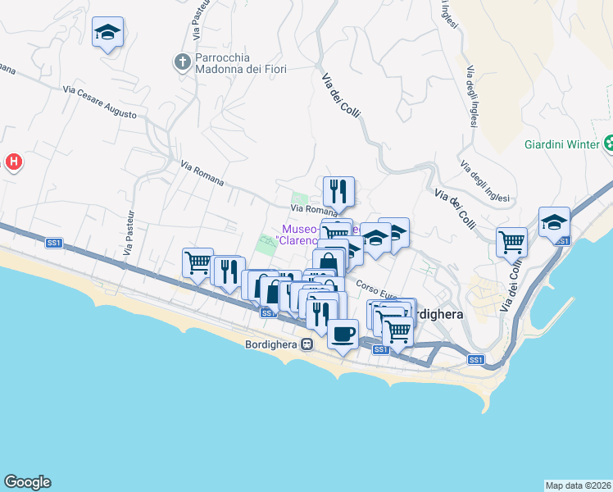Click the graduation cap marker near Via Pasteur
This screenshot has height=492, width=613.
[107, 33]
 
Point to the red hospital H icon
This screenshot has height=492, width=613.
[13, 162]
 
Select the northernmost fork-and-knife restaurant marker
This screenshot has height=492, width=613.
[338, 192]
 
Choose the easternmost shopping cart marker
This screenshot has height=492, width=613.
[512, 242]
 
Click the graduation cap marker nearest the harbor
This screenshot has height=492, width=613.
[554, 221]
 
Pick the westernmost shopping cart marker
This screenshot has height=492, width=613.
[198, 263]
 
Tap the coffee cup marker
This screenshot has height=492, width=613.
[343, 333]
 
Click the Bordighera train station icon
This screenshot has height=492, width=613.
[306, 344]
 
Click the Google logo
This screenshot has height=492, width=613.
[27, 482]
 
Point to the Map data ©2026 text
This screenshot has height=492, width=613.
[578, 485]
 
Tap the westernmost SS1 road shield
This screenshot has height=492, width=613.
[54, 243]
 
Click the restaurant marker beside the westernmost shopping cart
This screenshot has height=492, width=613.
[228, 271]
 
